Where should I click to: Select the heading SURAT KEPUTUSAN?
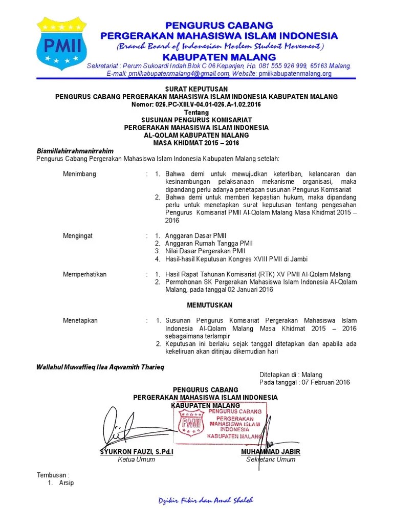tap(196, 89)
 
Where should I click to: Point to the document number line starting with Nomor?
tap(196, 104)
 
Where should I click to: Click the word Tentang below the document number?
tap(196, 112)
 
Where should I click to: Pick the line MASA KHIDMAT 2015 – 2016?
tap(197, 143)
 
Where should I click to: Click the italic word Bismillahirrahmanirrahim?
tap(75, 151)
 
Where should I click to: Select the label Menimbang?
tap(79, 174)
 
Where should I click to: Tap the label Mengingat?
tap(78, 236)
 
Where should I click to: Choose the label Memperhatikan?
tap(84, 274)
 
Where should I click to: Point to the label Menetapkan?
tap(80, 320)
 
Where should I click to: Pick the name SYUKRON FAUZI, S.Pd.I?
tap(137, 452)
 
